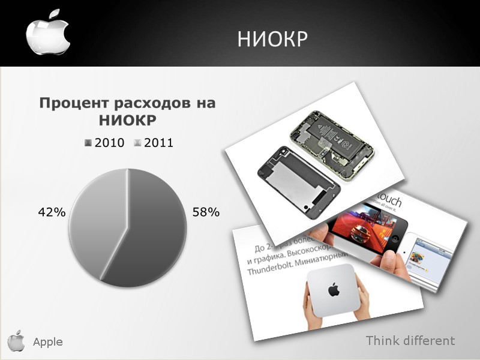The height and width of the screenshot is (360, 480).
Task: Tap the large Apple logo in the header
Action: tap(48, 33)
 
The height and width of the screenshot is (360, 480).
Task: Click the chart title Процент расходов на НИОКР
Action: tap(127, 111)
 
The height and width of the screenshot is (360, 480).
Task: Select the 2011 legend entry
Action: tap(154, 143)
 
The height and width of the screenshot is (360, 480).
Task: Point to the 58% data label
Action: tap(206, 212)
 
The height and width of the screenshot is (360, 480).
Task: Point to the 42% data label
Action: tap(51, 212)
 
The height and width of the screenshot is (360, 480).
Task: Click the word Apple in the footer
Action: tap(48, 342)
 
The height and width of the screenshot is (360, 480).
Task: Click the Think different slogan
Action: tap(410, 341)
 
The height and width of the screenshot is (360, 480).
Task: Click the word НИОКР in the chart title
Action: tap(127, 120)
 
